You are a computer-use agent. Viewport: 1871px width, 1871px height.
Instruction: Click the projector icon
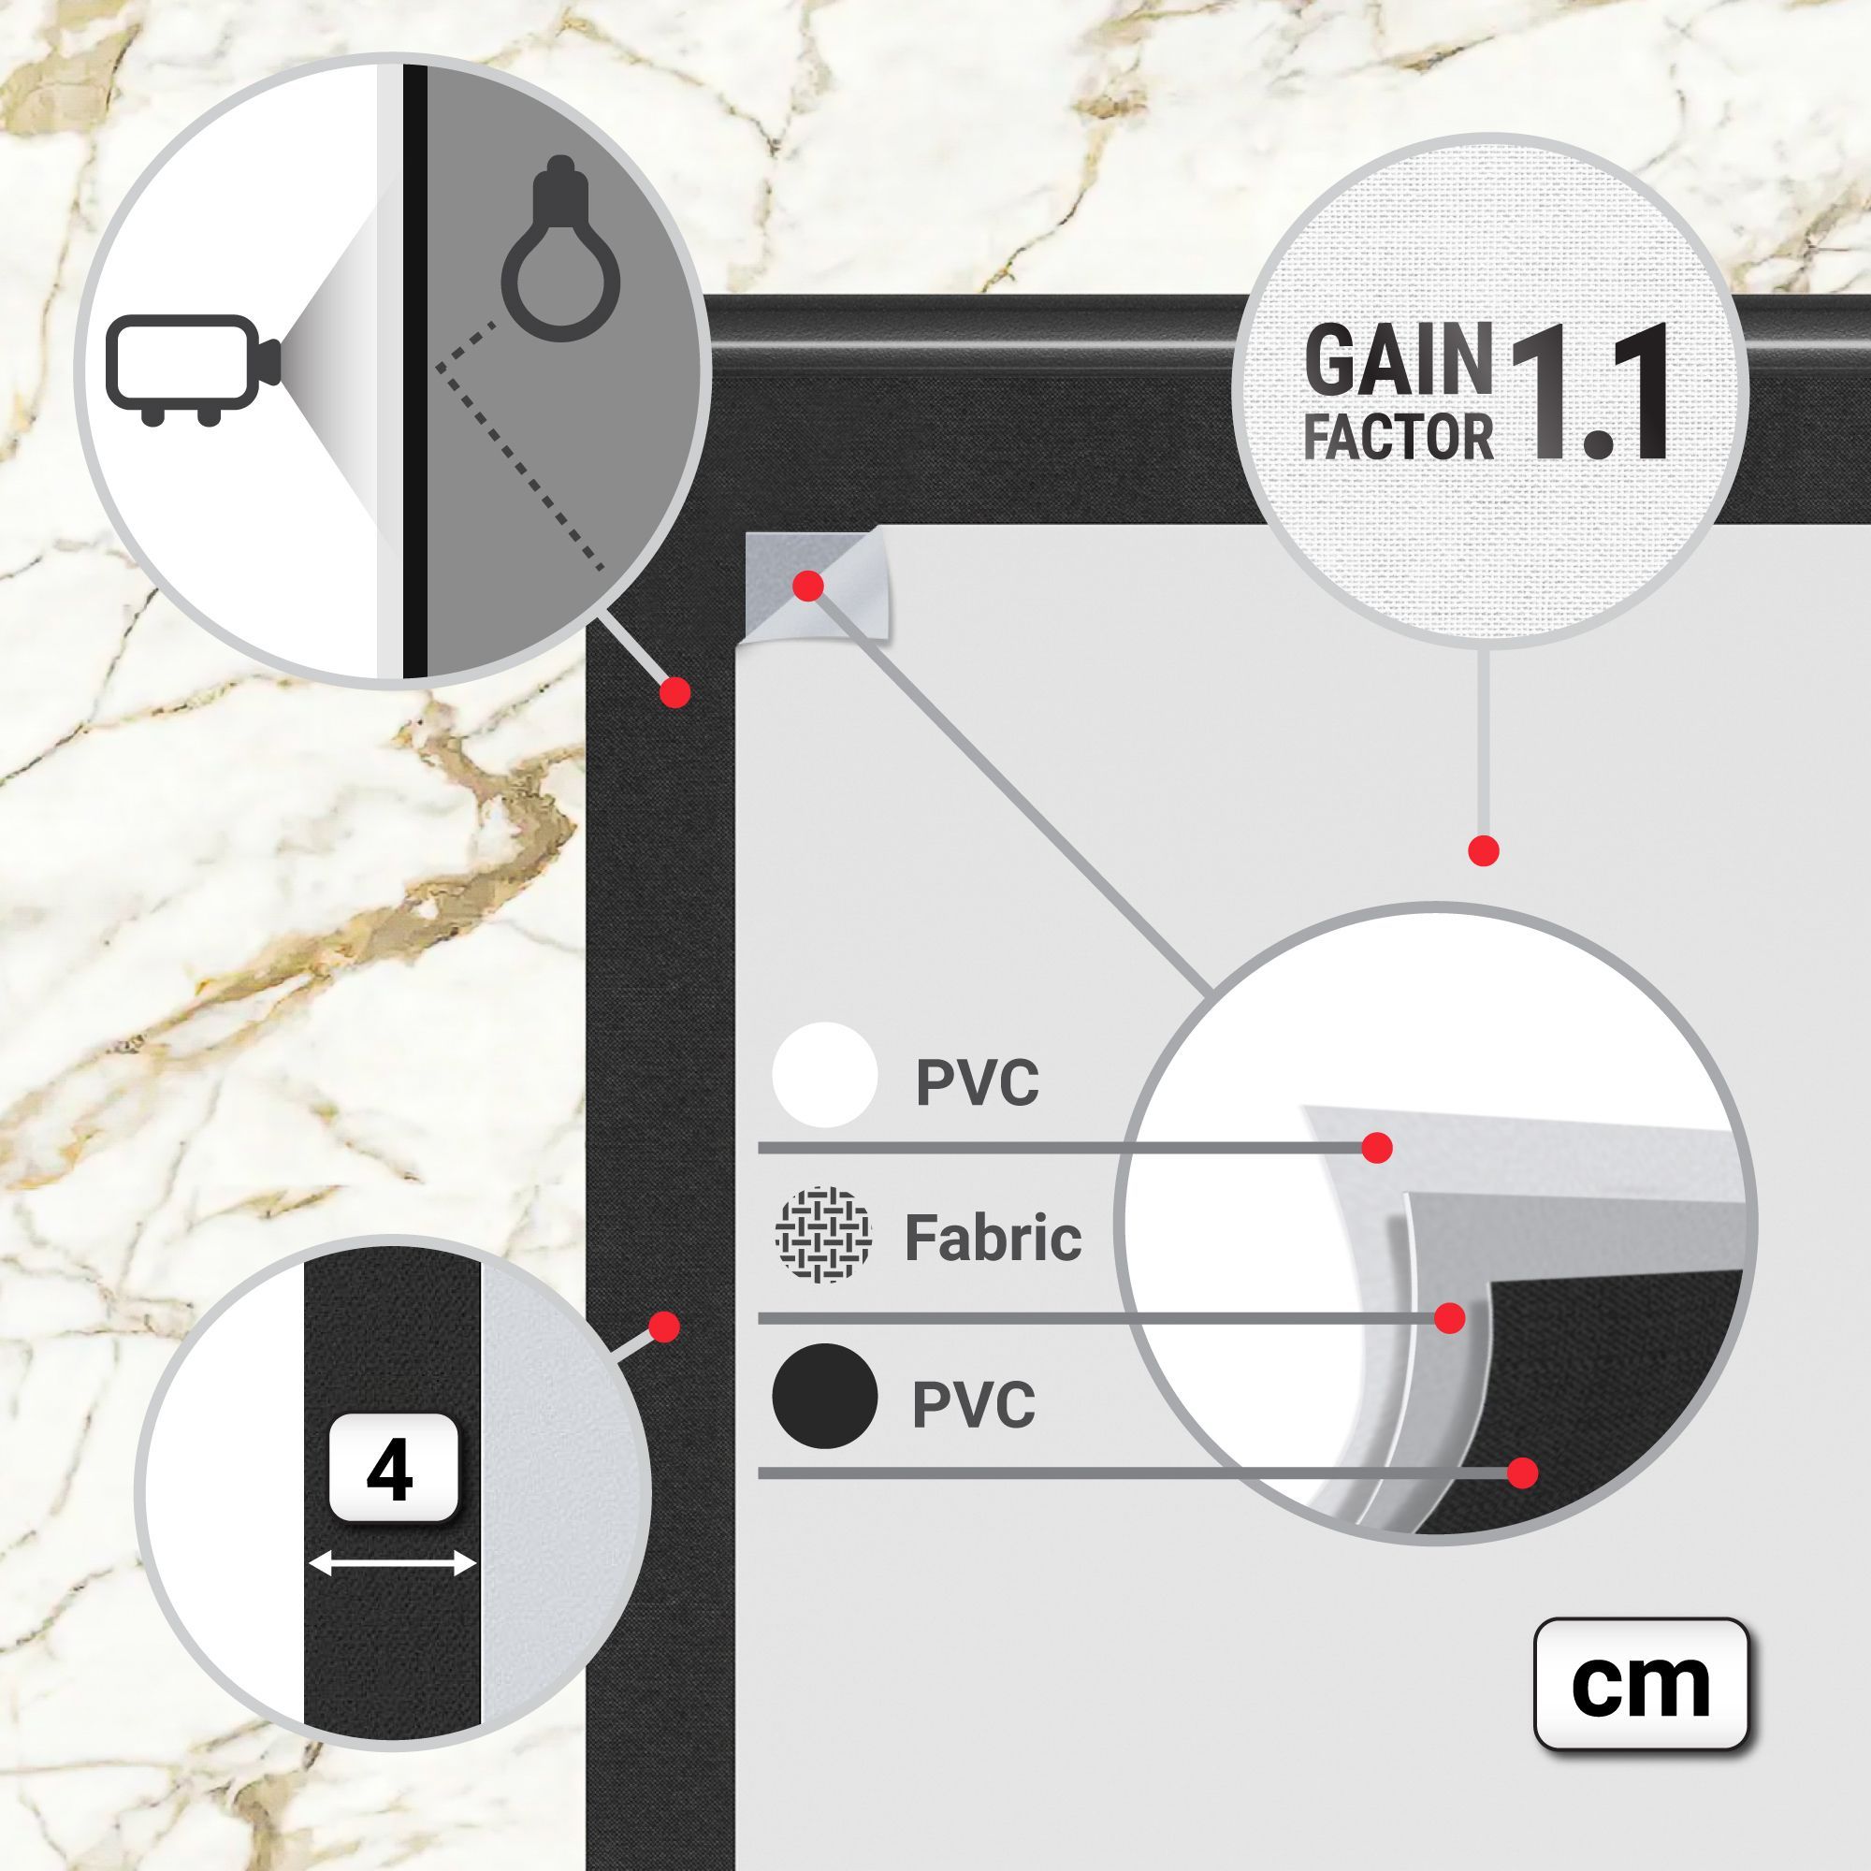[x=194, y=369]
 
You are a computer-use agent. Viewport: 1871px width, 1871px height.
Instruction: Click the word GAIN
[x=1399, y=360]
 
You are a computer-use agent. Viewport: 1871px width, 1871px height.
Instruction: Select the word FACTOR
[x=1399, y=436]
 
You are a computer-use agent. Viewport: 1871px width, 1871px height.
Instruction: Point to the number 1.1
[x=1587, y=392]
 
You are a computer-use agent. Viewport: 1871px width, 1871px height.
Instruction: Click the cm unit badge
[x=1641, y=1684]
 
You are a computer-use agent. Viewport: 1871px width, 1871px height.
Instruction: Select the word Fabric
[x=993, y=1238]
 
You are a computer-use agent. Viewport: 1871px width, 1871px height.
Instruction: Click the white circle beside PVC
[x=825, y=1075]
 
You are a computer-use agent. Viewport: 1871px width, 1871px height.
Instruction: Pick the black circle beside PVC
[x=825, y=1397]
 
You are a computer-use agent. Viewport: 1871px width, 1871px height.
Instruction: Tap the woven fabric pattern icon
[x=823, y=1235]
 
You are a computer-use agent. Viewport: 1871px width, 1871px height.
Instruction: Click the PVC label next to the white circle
[x=978, y=1082]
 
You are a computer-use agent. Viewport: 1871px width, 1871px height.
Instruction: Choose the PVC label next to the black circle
[x=974, y=1404]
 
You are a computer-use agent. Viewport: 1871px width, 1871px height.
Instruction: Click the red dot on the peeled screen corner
[x=807, y=585]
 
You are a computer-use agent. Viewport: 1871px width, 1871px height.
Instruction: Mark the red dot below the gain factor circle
[x=1484, y=851]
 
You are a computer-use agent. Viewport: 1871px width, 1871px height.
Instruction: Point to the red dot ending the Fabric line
[x=1449, y=1318]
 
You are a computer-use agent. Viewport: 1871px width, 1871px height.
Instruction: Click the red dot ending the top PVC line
[x=1377, y=1148]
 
